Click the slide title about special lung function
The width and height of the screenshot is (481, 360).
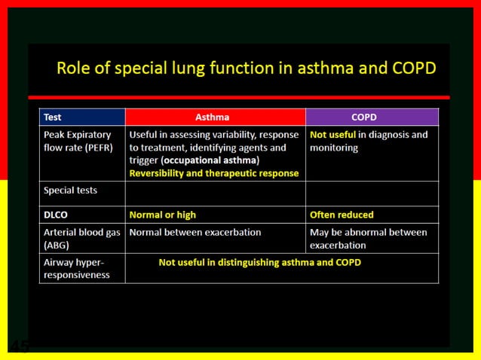pos(246,69)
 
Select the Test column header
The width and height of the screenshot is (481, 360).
pos(53,117)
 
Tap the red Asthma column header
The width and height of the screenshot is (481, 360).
pos(215,117)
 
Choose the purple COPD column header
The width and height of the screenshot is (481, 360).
pos(363,117)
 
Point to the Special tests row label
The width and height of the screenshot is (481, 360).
pos(71,191)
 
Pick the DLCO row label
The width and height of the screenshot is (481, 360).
pos(57,215)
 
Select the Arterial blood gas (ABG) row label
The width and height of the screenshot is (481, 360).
pos(81,239)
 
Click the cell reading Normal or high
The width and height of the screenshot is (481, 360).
pos(163,215)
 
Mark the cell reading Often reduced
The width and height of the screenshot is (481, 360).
pos(342,215)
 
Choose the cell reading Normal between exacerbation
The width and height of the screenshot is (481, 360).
pos(195,233)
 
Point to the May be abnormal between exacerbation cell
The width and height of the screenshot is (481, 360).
pos(368,239)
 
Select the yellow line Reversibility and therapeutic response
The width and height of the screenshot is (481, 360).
pos(214,173)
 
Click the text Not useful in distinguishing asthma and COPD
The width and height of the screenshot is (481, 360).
pos(259,263)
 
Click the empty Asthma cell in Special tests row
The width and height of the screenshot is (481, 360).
pos(215,193)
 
